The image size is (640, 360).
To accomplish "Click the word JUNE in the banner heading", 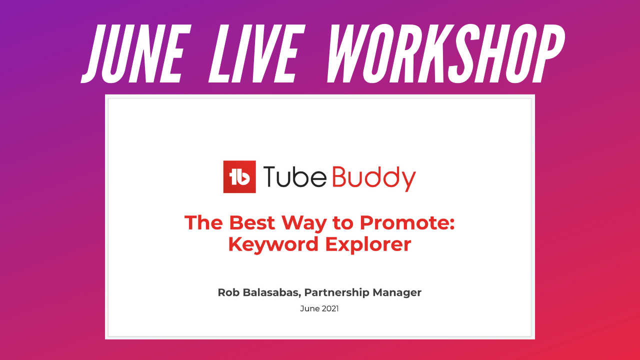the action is point(136,53).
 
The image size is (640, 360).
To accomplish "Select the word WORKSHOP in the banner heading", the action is point(445,53).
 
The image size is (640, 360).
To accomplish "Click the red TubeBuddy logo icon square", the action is point(239,177).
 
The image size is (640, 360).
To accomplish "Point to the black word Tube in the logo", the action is point(294,176).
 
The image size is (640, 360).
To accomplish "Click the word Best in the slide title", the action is point(252,222).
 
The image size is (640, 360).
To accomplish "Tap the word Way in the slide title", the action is point(304,224).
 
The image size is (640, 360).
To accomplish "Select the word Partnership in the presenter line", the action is point(337,293).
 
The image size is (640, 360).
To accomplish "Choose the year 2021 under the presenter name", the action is point(330,308).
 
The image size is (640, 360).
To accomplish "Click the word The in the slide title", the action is point(203,222).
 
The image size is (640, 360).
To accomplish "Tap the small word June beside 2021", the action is point(310,308).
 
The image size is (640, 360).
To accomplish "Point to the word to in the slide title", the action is point(343,223).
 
